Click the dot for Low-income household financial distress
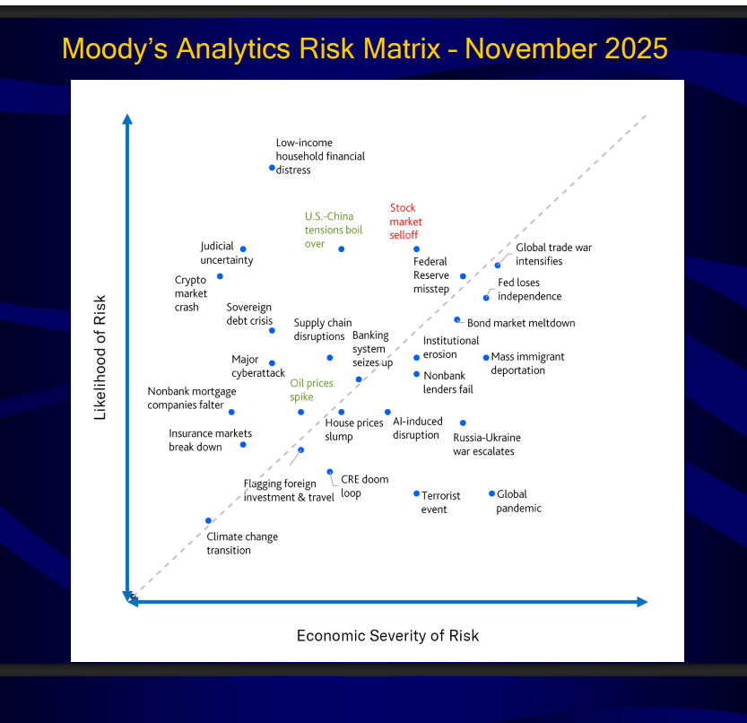tap(272, 168)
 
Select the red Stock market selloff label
tap(406, 222)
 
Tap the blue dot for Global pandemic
tap(491, 493)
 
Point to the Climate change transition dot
tap(208, 520)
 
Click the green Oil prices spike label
tap(311, 390)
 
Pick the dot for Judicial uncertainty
tap(243, 248)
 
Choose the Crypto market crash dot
tap(220, 276)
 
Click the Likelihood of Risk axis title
tap(100, 357)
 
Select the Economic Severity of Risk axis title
tap(387, 636)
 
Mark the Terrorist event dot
tap(416, 493)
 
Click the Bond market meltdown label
tap(521, 323)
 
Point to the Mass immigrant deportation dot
tap(486, 357)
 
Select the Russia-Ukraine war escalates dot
tap(463, 422)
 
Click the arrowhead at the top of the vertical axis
tap(127, 119)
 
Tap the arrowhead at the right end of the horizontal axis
tap(642, 602)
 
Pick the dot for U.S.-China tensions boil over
tap(341, 248)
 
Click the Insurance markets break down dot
tap(243, 445)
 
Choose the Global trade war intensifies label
tap(553, 254)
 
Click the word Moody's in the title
tap(115, 48)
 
